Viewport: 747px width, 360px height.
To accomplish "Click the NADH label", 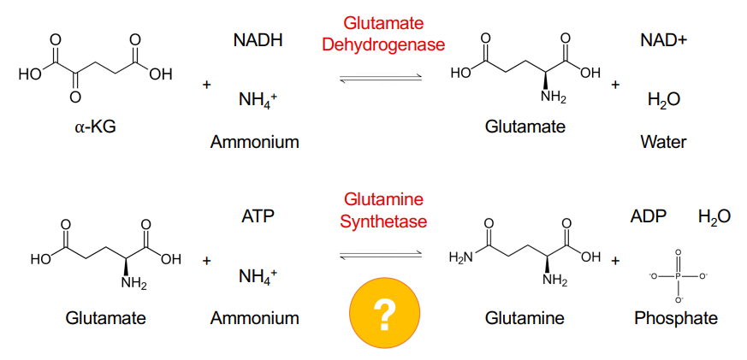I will pyautogui.click(x=258, y=40).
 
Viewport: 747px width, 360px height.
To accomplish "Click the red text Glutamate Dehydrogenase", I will pyautogui.click(x=383, y=33).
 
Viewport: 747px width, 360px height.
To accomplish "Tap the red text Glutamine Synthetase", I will pyautogui.click(x=383, y=210).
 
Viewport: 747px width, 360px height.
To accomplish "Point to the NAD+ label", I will pyautogui.click(x=663, y=40).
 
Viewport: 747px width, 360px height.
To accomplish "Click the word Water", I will pyautogui.click(x=663, y=142).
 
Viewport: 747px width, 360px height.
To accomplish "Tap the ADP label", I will pyautogui.click(x=648, y=216).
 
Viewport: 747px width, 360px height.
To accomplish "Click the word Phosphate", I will pyautogui.click(x=676, y=318).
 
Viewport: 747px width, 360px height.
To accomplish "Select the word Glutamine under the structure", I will pyautogui.click(x=525, y=318).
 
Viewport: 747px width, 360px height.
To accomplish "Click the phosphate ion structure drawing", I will pyautogui.click(x=677, y=276).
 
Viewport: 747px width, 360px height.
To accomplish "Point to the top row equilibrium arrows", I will pyautogui.click(x=382, y=79).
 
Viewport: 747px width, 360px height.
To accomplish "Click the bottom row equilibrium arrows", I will pyautogui.click(x=382, y=255).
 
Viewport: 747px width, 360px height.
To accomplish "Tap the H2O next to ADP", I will pyautogui.click(x=714, y=216).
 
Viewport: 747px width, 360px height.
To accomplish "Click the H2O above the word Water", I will pyautogui.click(x=664, y=101).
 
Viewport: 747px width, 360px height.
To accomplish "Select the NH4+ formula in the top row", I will pyautogui.click(x=258, y=101).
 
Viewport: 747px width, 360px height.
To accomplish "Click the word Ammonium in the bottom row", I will pyautogui.click(x=255, y=318).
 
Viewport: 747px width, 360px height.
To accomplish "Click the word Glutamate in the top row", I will pyautogui.click(x=525, y=127).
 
